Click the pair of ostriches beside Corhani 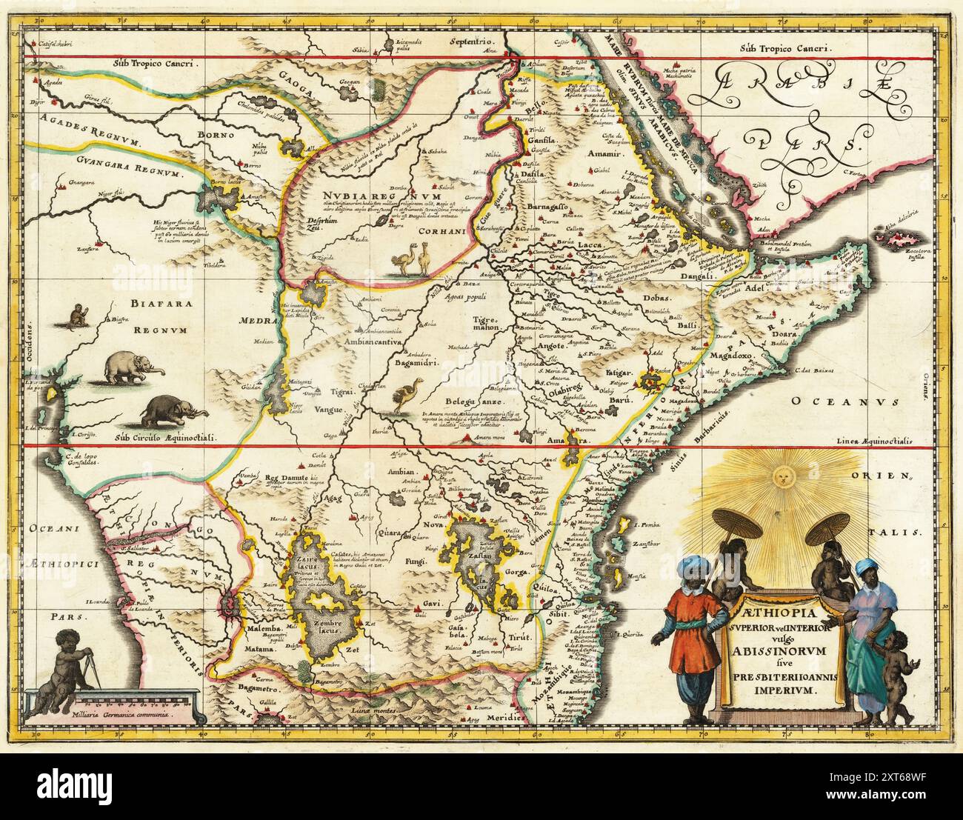click(413, 259)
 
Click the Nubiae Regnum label click(361, 196)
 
